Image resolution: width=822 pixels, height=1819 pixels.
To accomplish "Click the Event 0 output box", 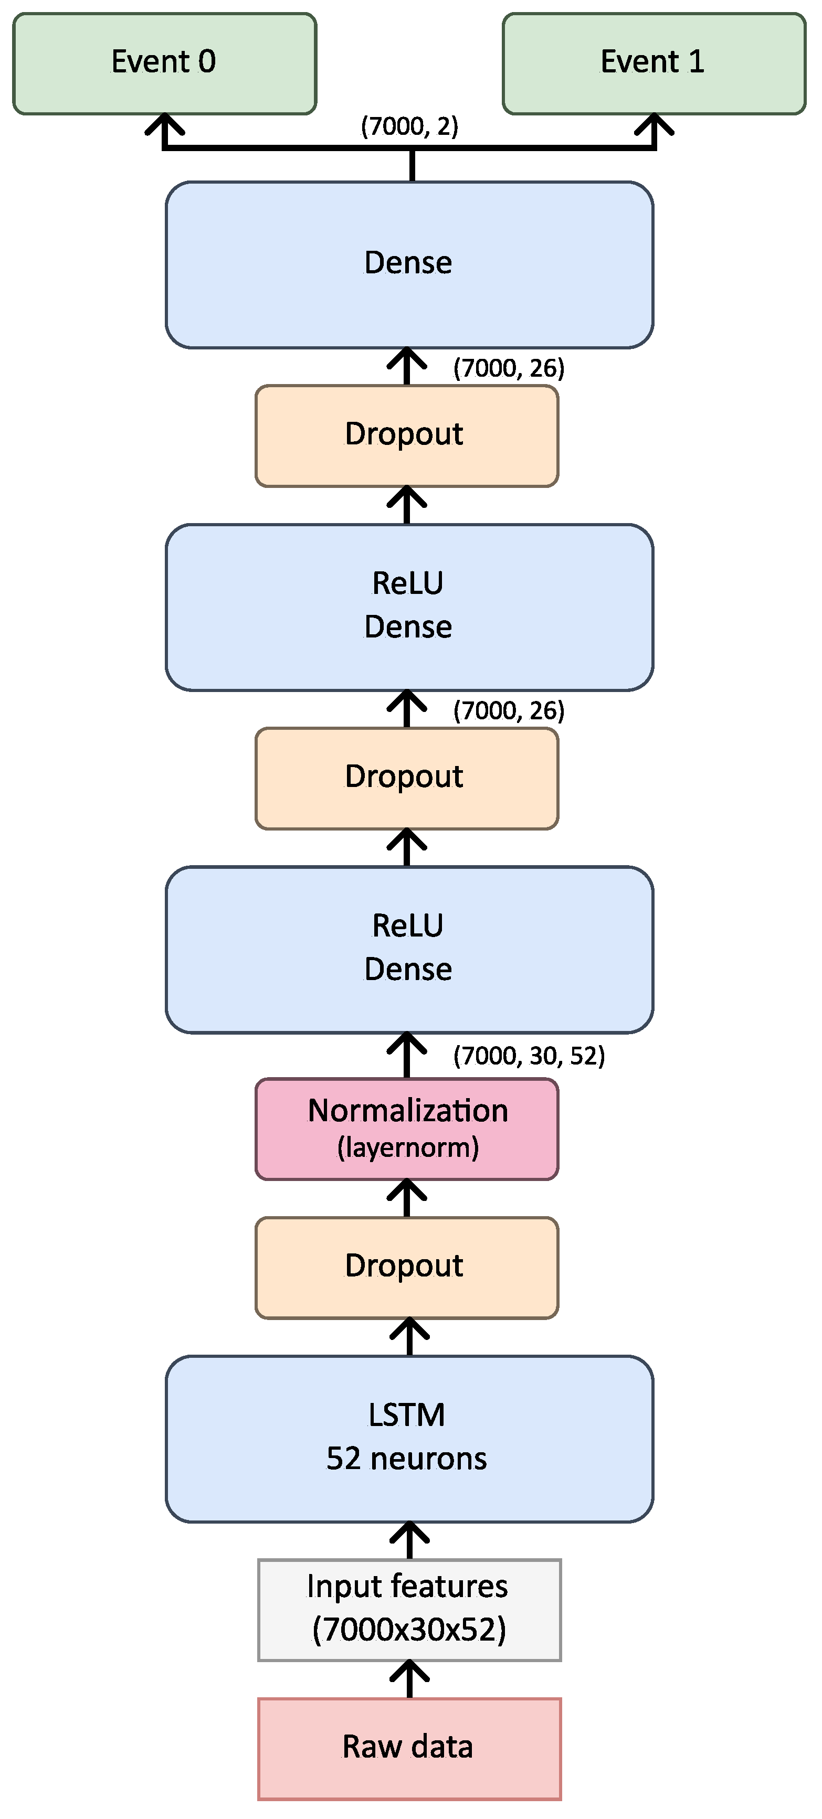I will click(x=164, y=63).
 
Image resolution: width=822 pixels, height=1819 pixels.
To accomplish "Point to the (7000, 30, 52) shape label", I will click(x=529, y=1056).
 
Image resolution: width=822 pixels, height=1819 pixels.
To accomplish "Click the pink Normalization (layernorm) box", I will click(x=407, y=1129).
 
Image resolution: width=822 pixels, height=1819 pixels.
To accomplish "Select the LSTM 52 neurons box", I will click(x=409, y=1439).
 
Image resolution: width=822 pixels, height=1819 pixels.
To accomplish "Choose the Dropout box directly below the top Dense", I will click(x=407, y=435).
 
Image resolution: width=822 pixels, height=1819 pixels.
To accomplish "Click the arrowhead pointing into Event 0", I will click(x=164, y=125).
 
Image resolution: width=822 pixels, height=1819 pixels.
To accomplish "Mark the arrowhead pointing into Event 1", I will click(x=655, y=125).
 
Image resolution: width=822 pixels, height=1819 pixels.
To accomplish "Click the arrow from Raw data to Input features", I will click(x=409, y=1678).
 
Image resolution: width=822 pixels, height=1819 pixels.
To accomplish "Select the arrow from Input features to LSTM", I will click(x=409, y=1539).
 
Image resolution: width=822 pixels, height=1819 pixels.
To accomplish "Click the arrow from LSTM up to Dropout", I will click(x=409, y=1337).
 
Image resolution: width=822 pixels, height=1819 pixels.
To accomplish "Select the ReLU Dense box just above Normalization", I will click(x=409, y=949).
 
